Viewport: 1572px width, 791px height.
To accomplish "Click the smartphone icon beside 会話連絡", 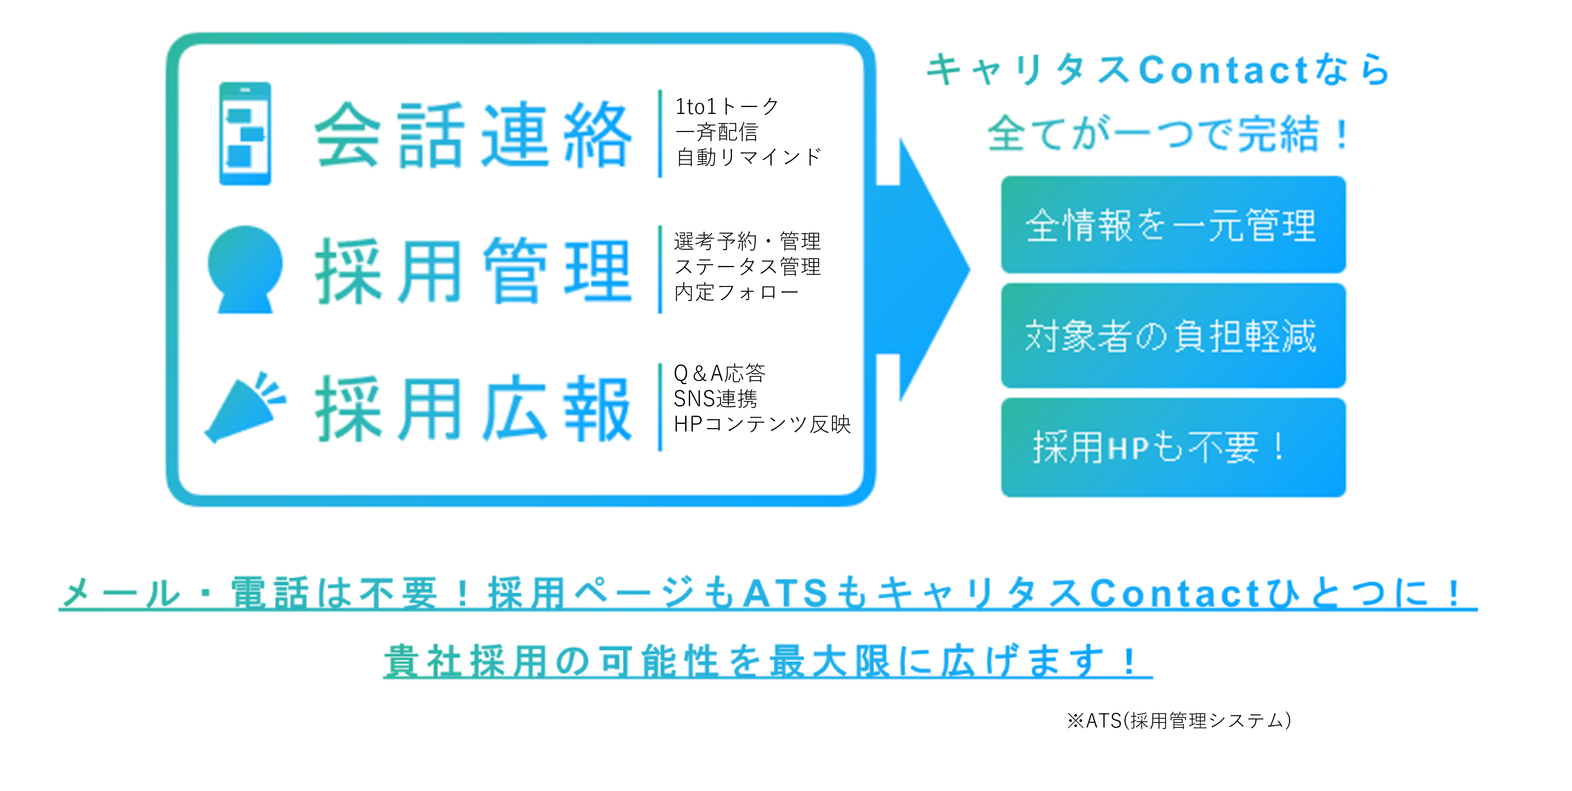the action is tap(245, 134).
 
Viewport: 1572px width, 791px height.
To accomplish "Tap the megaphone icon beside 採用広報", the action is tap(244, 407).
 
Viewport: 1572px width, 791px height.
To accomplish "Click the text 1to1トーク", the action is tap(727, 107).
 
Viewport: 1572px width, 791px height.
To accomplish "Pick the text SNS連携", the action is tap(715, 398).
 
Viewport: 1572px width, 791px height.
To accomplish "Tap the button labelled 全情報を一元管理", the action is tap(1173, 225).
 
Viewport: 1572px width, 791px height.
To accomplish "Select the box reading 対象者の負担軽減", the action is tap(1173, 335).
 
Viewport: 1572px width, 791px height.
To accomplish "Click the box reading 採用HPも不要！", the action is tap(1173, 447).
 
